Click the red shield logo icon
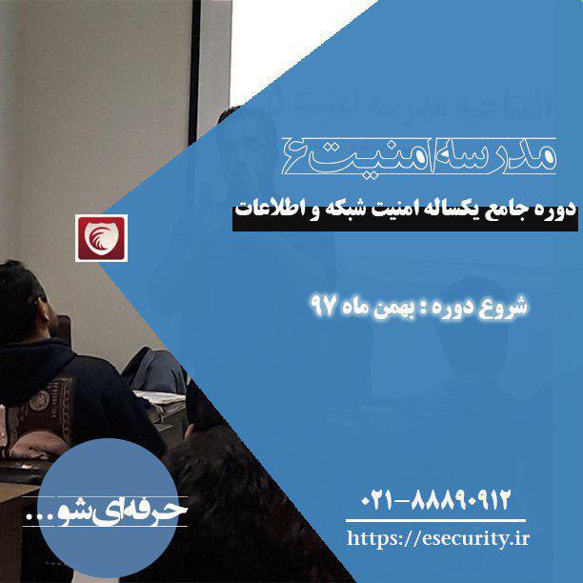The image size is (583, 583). (x=102, y=238)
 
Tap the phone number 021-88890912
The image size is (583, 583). (x=435, y=499)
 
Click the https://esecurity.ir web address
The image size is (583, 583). (x=438, y=538)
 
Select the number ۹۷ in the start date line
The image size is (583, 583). (x=324, y=306)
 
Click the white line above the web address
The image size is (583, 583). (x=435, y=520)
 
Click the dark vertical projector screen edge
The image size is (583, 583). (x=194, y=70)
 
